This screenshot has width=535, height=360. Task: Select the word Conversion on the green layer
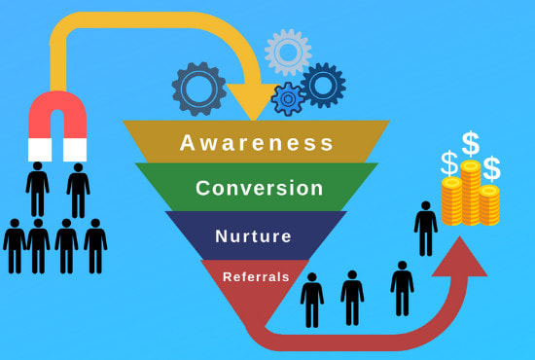258,188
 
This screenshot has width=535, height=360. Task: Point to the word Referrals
256,277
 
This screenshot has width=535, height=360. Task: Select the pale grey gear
288,51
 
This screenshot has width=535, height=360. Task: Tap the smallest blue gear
287,97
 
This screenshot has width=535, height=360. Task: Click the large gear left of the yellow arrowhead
199,90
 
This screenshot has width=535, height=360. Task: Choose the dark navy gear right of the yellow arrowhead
323,86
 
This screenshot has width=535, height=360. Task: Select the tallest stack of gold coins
471,195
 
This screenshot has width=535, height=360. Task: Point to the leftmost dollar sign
448,162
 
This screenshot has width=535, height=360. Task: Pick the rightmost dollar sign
492,167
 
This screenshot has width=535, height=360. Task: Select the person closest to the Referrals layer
312,300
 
